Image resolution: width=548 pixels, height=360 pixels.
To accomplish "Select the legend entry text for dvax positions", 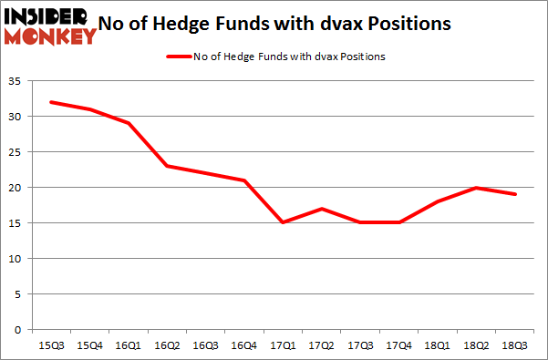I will tap(288, 57).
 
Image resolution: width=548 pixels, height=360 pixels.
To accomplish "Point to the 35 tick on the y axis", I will tap(16, 81).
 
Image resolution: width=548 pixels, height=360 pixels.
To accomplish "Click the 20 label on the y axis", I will tap(16, 188).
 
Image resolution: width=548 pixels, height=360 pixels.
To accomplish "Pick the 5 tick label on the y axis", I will tap(18, 294).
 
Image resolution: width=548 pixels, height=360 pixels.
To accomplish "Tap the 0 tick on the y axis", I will tap(18, 330).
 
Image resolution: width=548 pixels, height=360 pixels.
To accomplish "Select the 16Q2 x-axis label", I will tap(166, 345).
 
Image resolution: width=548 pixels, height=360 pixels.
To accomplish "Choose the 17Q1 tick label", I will tap(284, 345).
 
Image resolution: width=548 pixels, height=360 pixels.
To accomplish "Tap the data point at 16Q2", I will tap(166, 166).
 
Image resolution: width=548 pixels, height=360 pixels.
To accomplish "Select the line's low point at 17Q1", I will tap(284, 222).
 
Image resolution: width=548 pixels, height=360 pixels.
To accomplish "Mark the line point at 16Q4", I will tap(244, 180).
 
